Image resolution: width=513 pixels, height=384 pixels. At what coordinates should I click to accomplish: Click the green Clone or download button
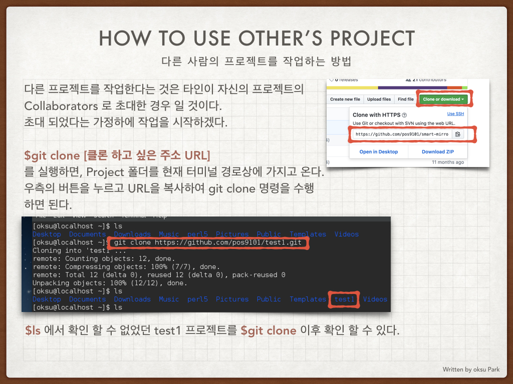(443, 99)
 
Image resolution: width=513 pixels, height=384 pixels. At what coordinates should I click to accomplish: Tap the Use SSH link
(455, 114)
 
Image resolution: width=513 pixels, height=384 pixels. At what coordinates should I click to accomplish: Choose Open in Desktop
(379, 151)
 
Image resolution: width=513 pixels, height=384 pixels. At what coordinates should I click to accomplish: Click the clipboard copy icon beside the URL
(458, 134)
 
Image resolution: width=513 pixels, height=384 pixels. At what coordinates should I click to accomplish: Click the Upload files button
(379, 99)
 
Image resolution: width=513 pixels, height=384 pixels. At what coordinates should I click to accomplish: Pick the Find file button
(405, 99)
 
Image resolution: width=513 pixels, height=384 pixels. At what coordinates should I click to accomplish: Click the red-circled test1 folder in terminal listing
(344, 299)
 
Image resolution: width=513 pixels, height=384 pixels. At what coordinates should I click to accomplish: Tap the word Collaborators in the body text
(61, 106)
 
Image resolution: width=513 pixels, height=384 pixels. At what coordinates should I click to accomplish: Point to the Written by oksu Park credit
(471, 369)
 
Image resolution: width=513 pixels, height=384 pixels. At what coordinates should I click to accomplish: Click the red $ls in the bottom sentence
(33, 330)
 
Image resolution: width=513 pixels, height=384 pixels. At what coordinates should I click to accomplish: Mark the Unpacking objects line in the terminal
(109, 283)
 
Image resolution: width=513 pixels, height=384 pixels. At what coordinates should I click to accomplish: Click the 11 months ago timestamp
(447, 162)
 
